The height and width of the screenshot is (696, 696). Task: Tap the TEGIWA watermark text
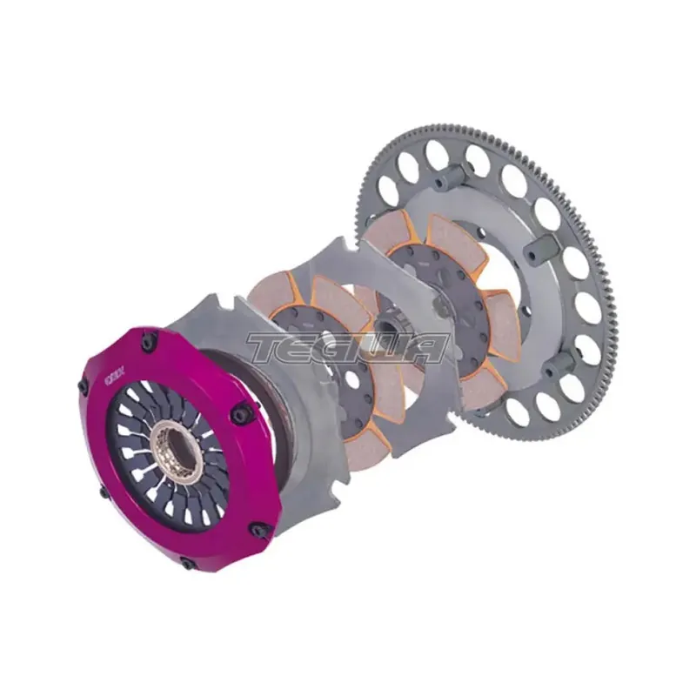(x=347, y=348)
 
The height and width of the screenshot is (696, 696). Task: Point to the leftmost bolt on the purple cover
(x=83, y=386)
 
